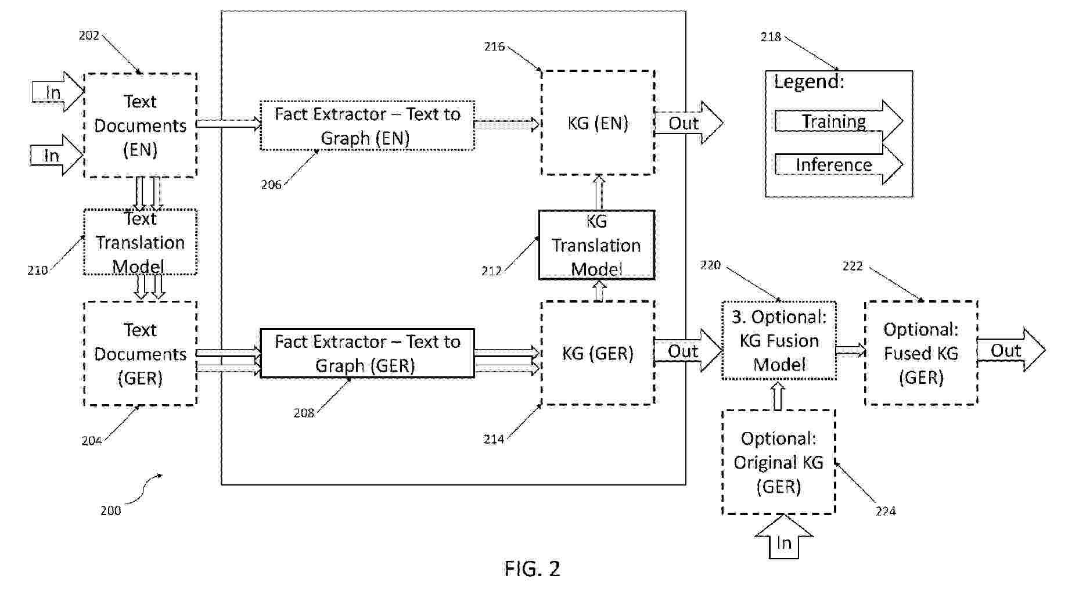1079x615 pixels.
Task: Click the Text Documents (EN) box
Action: coord(140,125)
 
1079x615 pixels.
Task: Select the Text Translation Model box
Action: coord(140,242)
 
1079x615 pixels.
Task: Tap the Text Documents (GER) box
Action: coord(140,354)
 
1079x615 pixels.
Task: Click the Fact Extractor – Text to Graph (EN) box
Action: coord(367,125)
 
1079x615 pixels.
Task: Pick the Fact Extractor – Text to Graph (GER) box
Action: coord(367,354)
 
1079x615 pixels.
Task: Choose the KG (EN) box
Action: coord(598,123)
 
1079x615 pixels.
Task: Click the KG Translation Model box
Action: coord(596,245)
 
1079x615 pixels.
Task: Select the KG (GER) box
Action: coord(598,353)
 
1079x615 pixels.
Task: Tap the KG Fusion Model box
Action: coord(779,341)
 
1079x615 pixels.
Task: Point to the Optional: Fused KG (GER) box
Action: coord(921,353)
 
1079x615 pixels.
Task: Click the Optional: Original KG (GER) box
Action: coord(779,462)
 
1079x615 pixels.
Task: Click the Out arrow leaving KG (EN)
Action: coord(687,123)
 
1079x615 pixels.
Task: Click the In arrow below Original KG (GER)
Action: coord(783,540)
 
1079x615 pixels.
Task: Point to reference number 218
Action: coord(771,37)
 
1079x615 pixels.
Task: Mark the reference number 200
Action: coord(110,510)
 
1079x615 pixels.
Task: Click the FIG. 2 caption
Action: coord(532,569)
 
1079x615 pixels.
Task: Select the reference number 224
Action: coord(885,511)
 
